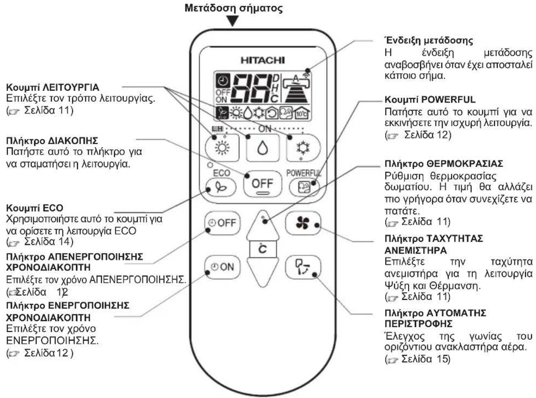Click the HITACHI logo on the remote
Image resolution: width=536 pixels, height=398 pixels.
pos(262,60)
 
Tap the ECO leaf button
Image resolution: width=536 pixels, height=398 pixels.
pos(221,187)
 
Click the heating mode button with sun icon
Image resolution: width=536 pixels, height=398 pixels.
pos(222,148)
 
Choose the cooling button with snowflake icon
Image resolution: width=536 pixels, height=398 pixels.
pos(303,148)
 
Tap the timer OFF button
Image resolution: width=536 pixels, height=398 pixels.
pos(222,223)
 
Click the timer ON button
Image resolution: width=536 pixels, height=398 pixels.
pos(222,267)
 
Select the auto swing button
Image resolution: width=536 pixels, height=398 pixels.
pos(303,267)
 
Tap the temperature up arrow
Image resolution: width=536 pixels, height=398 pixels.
pos(262,226)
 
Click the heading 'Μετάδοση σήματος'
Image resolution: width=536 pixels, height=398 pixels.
pos(234,8)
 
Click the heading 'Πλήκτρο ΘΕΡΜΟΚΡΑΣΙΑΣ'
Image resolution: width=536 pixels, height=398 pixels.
pos(444,164)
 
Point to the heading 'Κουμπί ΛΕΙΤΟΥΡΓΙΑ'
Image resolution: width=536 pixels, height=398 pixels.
pos(53,87)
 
